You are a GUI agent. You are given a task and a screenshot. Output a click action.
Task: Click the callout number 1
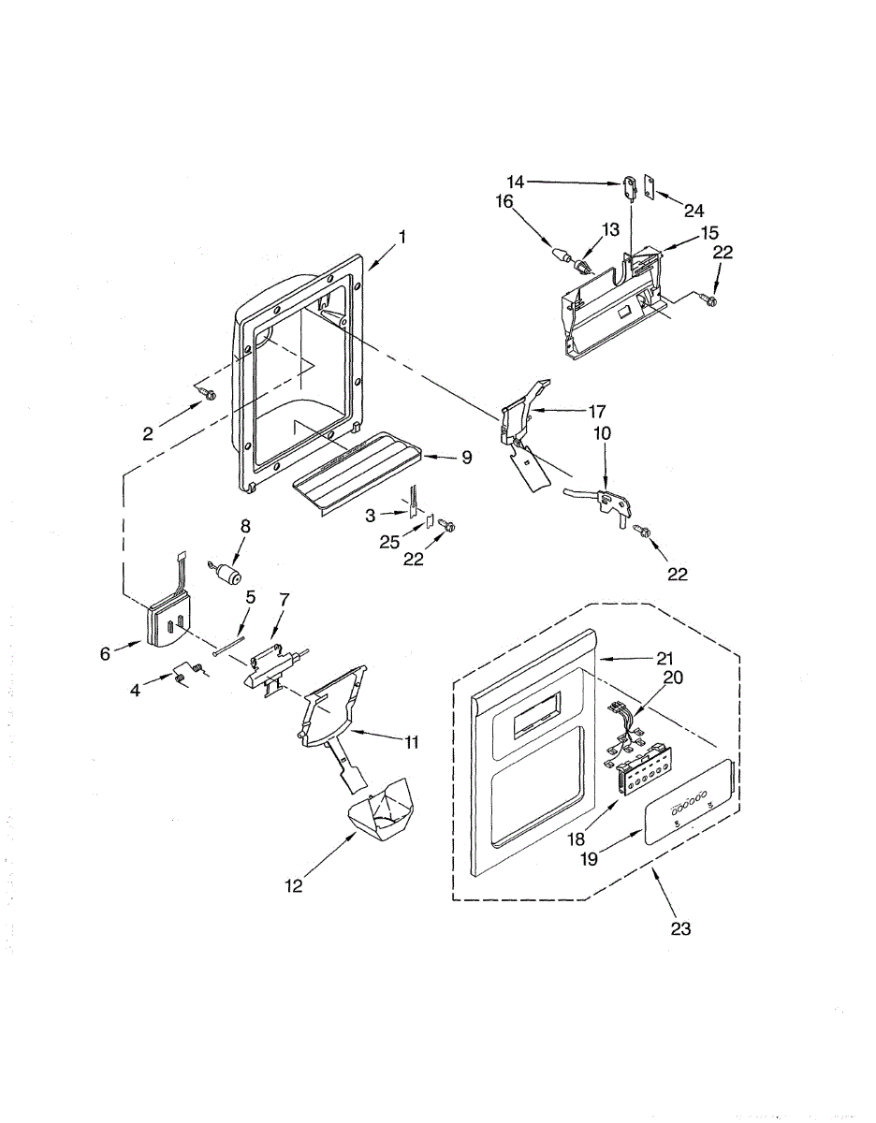tap(402, 238)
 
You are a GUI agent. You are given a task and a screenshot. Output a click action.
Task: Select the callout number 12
tap(294, 885)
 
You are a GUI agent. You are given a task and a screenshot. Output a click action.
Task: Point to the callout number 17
tap(597, 410)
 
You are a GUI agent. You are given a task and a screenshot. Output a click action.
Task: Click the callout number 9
tap(466, 458)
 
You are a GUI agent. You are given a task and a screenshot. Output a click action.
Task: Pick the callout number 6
tap(106, 654)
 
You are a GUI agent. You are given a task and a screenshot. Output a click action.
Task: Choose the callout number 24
tap(693, 210)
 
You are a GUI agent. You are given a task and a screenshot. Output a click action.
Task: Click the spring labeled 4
tap(187, 674)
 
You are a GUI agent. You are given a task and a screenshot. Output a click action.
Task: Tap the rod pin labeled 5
tap(230, 647)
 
